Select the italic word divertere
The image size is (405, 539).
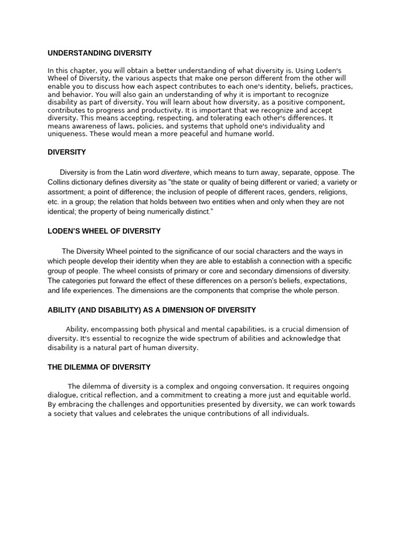click(x=175, y=172)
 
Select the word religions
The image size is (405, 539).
click(x=327, y=192)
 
